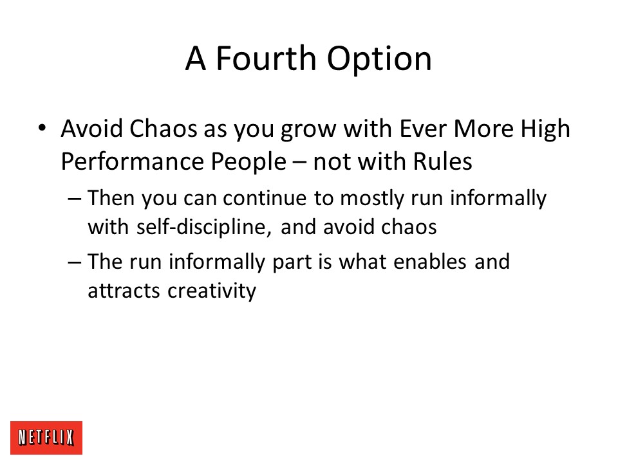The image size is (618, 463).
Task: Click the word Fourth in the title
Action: pos(266,59)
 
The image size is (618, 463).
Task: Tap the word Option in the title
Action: pos(380,60)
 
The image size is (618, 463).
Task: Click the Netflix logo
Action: pos(46,438)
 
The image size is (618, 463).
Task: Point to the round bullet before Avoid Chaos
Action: pos(42,128)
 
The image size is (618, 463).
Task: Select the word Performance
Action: pos(132,161)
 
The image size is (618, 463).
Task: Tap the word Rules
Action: pos(442,161)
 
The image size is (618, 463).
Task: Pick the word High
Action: pos(545,129)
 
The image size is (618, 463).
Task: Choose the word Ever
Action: pos(423,129)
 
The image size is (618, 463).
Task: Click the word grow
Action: pos(308,131)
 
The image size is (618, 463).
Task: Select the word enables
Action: pos(430,262)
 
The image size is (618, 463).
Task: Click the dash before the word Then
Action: pos(75,199)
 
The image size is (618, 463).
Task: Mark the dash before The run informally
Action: pos(75,262)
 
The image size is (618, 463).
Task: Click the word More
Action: pos(483,129)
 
